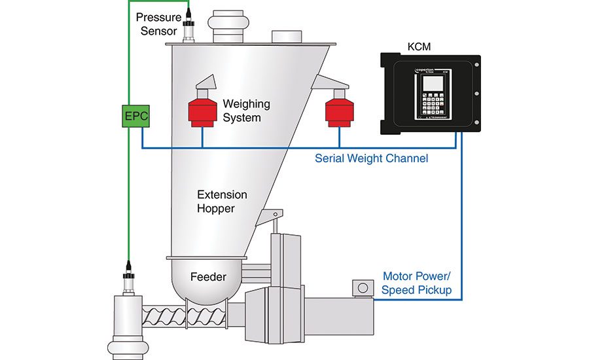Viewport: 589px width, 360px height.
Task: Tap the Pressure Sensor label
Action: pos(158,22)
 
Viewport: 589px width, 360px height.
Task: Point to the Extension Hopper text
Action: pos(223,202)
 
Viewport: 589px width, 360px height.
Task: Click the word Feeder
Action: pos(208,277)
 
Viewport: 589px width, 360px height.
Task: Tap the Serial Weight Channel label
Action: pos(371,158)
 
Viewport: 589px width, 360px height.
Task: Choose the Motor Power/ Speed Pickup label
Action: pos(417,283)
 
